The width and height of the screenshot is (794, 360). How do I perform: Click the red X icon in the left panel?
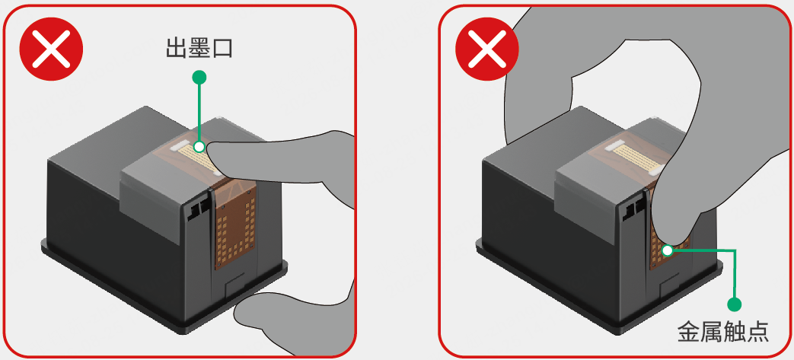(51, 49)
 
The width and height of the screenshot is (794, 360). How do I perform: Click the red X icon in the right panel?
(486, 49)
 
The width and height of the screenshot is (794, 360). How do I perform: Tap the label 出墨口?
(199, 49)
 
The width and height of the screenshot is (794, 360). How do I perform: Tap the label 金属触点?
(723, 332)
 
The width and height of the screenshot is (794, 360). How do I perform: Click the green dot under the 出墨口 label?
(199, 77)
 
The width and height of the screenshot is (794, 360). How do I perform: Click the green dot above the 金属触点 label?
(734, 304)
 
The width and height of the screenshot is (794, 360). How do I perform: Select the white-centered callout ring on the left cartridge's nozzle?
(199, 147)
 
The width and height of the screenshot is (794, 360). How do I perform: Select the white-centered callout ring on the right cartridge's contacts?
(668, 250)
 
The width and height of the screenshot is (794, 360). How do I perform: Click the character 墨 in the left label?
(199, 49)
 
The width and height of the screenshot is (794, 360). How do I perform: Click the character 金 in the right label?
(689, 332)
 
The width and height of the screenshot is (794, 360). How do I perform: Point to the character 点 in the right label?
(758, 332)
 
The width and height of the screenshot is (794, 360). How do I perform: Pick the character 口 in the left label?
(222, 49)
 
